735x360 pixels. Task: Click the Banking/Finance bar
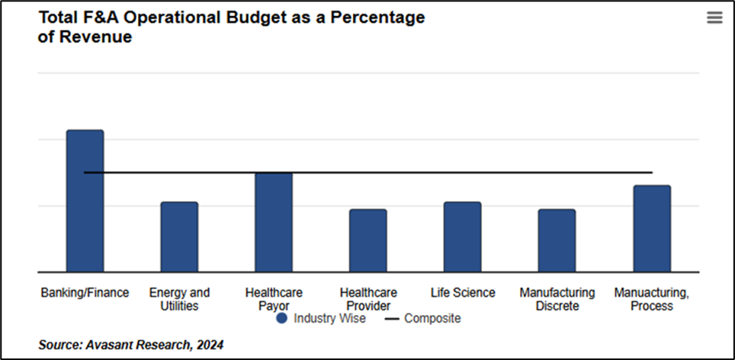pos(85,201)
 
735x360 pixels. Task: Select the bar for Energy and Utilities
pos(179,236)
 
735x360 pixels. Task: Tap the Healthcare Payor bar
pos(274,222)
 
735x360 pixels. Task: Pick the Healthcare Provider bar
pos(368,240)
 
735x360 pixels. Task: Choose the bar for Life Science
pos(463,236)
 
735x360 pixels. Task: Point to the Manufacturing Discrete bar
pos(557,240)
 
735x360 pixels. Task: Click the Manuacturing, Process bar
pos(652,228)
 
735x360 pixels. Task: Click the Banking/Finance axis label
pos(85,293)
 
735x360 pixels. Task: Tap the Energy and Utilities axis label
pos(179,299)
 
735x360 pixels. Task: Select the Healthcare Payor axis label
pos(274,299)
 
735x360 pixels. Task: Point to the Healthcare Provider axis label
pos(368,299)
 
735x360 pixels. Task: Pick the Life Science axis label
pos(463,293)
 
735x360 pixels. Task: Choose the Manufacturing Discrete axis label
pos(557,299)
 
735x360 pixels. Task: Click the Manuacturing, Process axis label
pos(652,299)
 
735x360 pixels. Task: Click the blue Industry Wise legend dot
pos(282,318)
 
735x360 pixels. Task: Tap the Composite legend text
pos(432,318)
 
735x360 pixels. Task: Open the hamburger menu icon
pos(714,18)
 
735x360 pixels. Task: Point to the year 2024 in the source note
pos(210,346)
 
